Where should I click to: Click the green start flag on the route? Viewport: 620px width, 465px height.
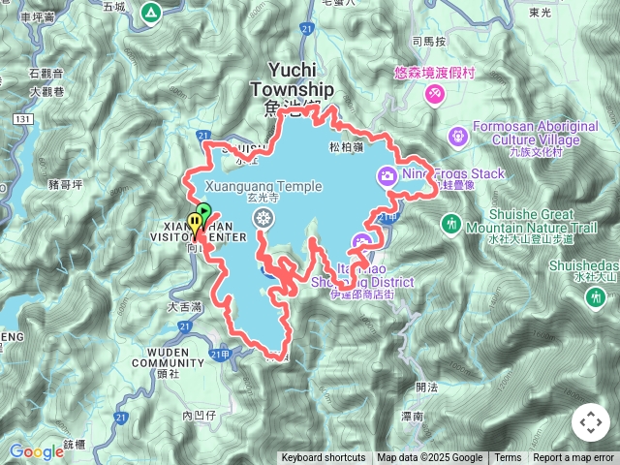pyautogui.click(x=203, y=211)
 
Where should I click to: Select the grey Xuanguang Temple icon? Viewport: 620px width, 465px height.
pyautogui.click(x=262, y=218)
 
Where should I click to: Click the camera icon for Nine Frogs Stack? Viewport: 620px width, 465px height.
pyautogui.click(x=387, y=174)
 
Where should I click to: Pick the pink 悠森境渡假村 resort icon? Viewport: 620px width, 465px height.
pyautogui.click(x=435, y=93)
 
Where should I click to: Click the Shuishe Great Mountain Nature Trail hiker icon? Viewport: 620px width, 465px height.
pyautogui.click(x=450, y=224)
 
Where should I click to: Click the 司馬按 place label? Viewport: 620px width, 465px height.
pyautogui.click(x=428, y=42)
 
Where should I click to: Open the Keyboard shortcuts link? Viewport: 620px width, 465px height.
pyautogui.click(x=324, y=458)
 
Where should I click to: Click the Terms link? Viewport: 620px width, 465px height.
pyautogui.click(x=508, y=458)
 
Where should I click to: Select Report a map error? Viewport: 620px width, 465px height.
pyautogui.click(x=573, y=458)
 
